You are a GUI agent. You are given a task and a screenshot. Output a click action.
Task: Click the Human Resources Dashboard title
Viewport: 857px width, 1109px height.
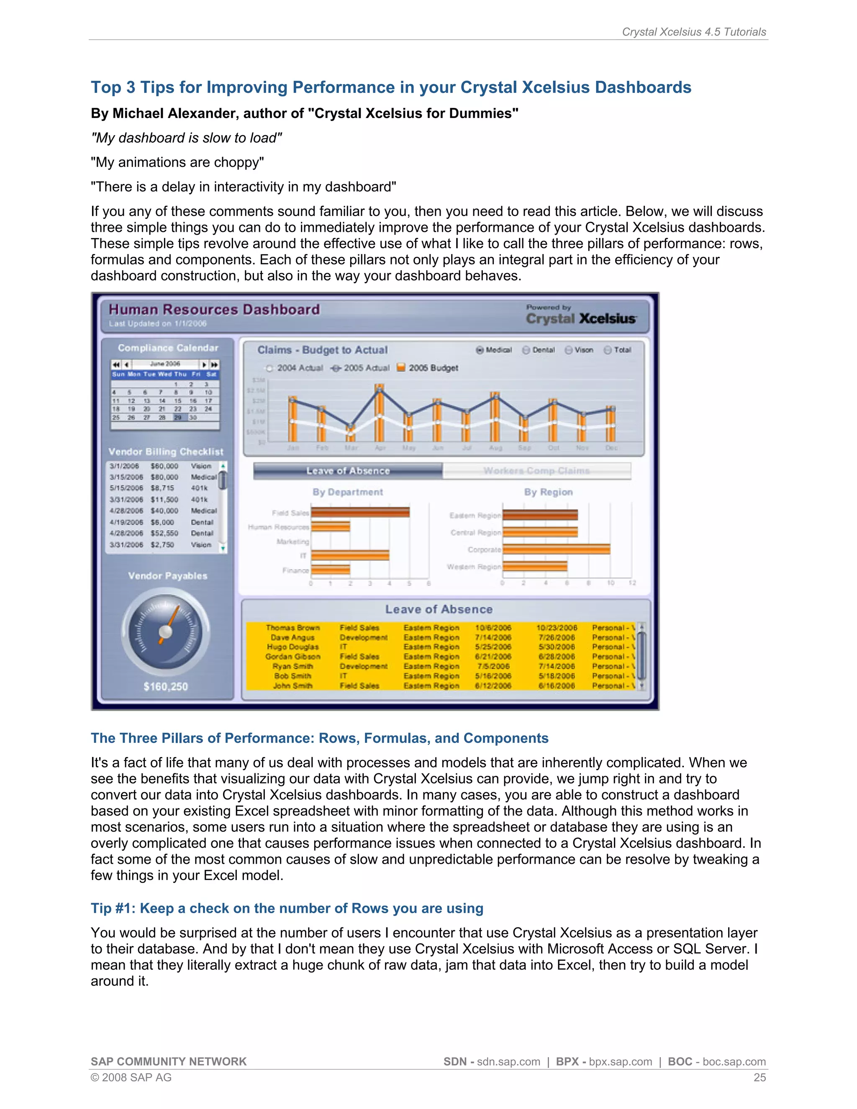tap(214, 309)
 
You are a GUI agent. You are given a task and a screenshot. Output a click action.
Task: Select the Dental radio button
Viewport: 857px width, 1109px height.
tap(526, 350)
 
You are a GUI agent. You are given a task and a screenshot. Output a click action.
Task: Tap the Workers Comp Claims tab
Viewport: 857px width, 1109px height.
tap(536, 471)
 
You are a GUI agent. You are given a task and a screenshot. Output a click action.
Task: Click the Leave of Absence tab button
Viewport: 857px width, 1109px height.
tap(348, 471)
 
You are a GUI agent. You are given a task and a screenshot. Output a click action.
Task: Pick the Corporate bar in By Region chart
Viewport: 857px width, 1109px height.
tap(556, 549)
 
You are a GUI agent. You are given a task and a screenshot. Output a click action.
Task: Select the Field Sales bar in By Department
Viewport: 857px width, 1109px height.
tap(360, 512)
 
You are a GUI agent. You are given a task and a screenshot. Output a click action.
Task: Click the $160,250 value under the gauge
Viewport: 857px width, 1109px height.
tap(166, 686)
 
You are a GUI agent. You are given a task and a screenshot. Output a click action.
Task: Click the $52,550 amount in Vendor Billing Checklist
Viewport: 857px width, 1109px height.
tap(164, 533)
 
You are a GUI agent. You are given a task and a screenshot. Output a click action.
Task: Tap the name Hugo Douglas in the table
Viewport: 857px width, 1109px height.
tap(293, 647)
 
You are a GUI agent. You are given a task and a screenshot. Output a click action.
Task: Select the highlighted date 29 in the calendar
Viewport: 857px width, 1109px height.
tap(178, 417)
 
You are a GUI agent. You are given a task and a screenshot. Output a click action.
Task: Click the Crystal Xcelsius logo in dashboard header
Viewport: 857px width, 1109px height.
tap(581, 318)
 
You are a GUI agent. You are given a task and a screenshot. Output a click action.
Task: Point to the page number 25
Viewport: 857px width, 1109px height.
tap(759, 1078)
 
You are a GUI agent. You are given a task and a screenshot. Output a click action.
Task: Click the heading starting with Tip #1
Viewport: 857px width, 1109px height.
tap(287, 909)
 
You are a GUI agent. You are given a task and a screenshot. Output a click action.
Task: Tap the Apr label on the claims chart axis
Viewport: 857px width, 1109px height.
tap(380, 448)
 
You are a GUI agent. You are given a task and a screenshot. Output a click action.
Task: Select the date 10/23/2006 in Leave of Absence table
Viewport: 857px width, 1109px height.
tap(557, 628)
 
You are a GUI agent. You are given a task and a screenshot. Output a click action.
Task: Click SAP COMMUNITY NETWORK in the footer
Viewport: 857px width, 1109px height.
tap(169, 1062)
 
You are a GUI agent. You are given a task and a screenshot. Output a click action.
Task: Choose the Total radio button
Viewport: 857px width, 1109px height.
tap(608, 350)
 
